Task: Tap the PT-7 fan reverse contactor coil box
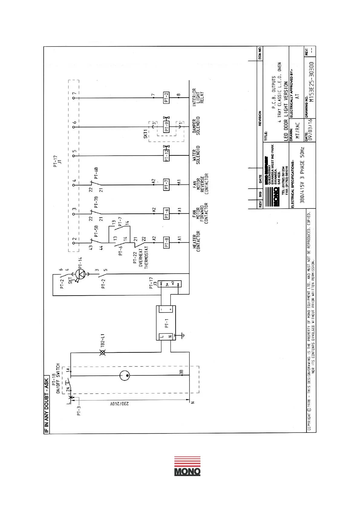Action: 166,185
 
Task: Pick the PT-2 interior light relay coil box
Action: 166,98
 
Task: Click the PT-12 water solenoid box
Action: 166,156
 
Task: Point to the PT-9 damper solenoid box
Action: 166,127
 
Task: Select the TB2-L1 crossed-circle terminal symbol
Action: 102,352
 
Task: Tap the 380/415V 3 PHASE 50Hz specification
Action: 302,175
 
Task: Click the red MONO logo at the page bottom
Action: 187,466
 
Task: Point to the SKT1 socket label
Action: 146,134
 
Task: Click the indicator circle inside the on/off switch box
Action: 125,376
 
